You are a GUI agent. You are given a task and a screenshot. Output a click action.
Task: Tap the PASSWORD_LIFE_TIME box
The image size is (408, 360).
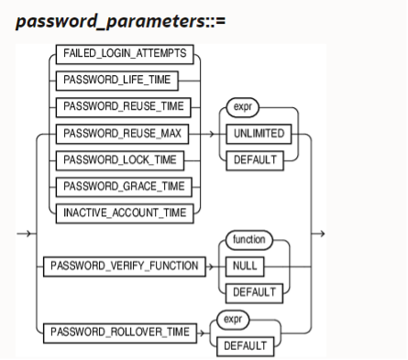click(124, 81)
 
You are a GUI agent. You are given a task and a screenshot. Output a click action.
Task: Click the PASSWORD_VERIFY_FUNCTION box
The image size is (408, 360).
click(125, 267)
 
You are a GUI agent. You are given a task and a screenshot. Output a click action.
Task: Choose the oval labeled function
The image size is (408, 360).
click(248, 240)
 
